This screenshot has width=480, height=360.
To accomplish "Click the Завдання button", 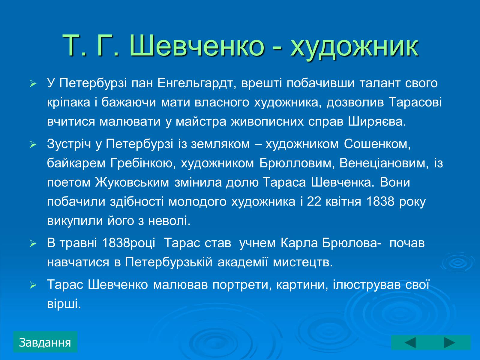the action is coord(45,342).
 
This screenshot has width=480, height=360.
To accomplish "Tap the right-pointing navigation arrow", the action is coord(450,343).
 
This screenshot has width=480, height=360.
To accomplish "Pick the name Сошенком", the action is coord(377,144).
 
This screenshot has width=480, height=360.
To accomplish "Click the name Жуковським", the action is coord(132,182).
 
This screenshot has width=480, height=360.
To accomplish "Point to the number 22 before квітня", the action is coord(314,202).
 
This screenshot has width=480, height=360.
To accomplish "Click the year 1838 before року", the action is coord(380,202).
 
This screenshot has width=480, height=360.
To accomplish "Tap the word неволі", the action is coord(169,221).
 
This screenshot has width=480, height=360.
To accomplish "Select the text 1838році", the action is coord(129,243).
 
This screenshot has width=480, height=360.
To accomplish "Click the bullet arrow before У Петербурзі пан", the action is coord(33,84).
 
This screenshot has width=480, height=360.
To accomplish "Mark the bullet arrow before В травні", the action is coord(33,244).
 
